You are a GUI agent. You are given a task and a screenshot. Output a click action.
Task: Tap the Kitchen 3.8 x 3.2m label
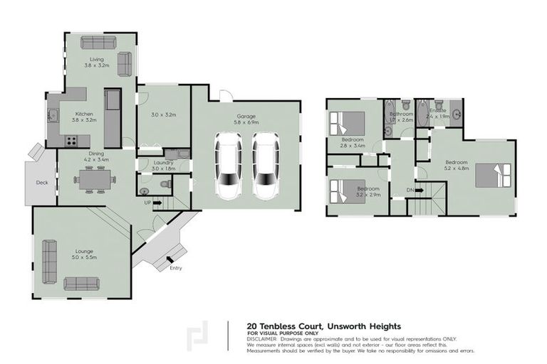84,117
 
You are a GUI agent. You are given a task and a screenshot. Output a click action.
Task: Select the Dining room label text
95,156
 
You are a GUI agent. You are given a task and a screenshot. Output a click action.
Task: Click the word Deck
42,183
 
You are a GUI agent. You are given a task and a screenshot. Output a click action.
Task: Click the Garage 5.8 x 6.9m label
246,119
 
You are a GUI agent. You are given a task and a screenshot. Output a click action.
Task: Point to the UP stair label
148,202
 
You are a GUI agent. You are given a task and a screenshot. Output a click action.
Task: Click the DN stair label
410,190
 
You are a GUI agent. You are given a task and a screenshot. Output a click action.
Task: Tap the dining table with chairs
95,181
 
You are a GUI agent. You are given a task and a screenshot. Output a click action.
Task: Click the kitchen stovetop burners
72,141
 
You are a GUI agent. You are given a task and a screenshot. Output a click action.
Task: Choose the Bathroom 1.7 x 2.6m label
401,117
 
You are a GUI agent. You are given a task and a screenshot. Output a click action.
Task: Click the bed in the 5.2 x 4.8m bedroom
493,175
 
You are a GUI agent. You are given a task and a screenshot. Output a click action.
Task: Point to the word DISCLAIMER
264,339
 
